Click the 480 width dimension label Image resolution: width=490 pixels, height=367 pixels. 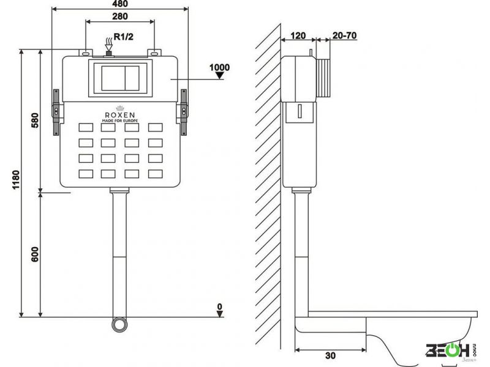(120, 4)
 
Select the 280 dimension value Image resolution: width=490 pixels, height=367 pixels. (120, 17)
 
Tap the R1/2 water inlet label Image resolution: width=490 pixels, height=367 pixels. (124, 37)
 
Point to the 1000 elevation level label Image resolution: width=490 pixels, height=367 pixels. (219, 67)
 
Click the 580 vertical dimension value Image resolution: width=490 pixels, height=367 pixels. (34, 120)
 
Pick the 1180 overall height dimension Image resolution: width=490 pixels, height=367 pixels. (16, 180)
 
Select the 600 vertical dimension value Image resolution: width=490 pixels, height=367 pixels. (34, 254)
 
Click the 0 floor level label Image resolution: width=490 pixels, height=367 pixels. (220, 306)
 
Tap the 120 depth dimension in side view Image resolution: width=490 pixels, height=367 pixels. (298, 35)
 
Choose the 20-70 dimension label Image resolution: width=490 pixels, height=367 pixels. (344, 35)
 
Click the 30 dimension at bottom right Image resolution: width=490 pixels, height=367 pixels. (330, 355)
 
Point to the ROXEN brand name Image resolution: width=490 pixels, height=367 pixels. (120, 115)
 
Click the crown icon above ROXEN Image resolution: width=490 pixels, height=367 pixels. (120, 108)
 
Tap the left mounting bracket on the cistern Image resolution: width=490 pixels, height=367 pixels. (56, 113)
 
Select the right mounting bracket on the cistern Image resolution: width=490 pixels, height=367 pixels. (183, 113)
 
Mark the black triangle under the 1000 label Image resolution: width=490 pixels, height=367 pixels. (220, 75)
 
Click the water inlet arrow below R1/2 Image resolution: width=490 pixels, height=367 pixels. (109, 45)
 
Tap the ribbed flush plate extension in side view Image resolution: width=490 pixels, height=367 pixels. (323, 78)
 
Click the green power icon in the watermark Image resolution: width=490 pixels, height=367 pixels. (450, 350)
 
